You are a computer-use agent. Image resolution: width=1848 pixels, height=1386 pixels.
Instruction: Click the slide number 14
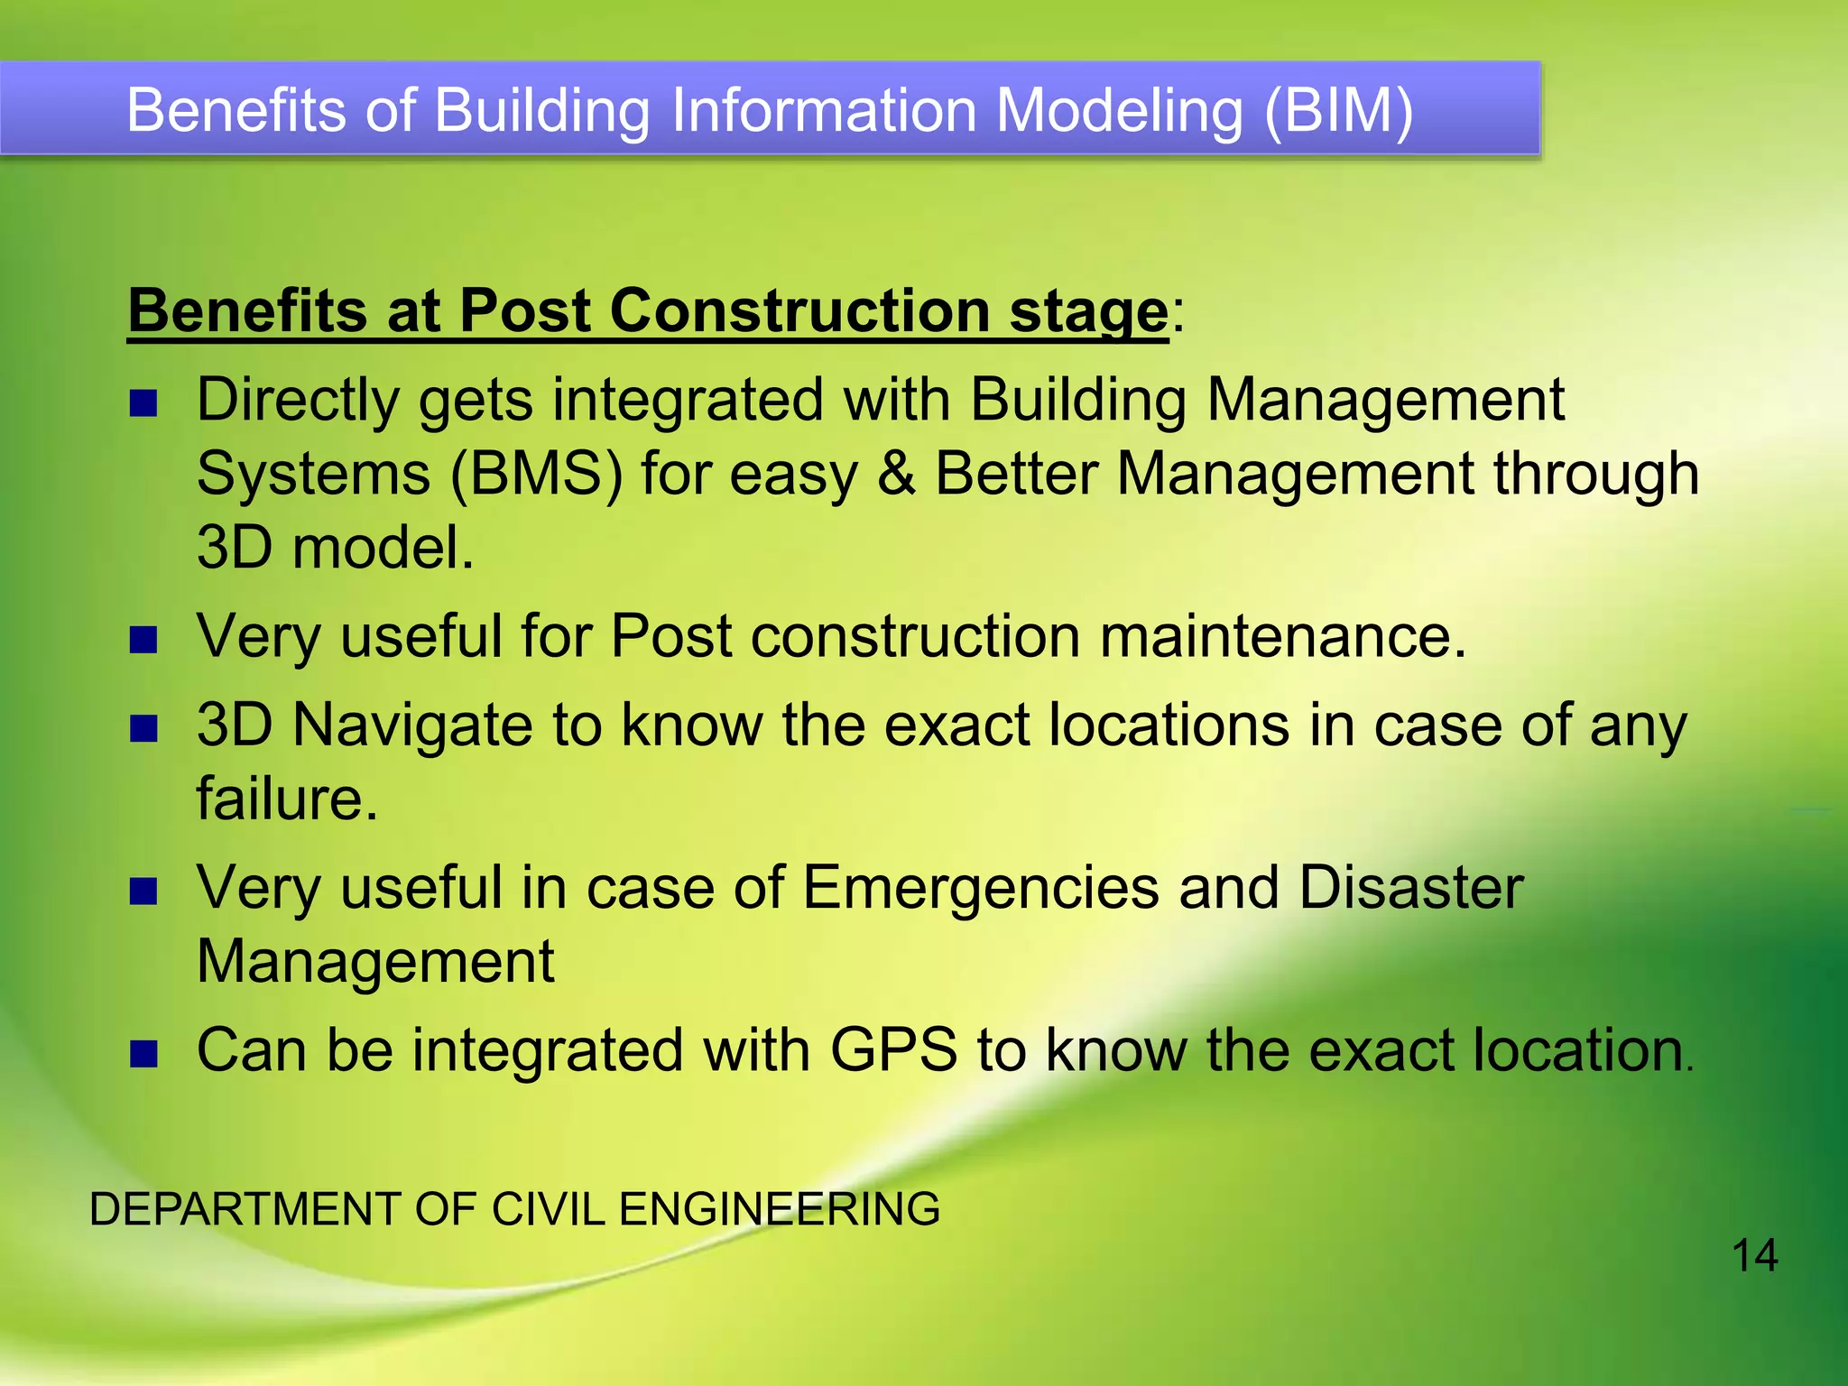tap(1754, 1256)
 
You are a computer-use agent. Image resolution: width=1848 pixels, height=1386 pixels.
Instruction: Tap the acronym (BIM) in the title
tap(1338, 111)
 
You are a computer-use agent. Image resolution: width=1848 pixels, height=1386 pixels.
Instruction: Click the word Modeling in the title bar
tap(1119, 111)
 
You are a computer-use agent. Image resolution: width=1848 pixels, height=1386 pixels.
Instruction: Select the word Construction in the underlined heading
tap(800, 310)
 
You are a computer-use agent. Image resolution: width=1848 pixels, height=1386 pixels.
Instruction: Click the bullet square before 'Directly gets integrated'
tap(143, 403)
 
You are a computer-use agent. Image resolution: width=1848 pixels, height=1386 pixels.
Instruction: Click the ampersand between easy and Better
tap(896, 474)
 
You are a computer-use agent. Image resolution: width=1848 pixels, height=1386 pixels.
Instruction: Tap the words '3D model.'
tap(335, 548)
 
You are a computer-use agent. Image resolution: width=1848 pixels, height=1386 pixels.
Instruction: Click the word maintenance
tap(1282, 636)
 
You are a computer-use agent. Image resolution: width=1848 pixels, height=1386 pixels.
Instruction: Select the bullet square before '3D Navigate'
tap(143, 728)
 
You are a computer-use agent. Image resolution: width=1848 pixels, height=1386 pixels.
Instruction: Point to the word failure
tap(286, 799)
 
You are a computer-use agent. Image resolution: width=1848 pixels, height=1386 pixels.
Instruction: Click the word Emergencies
tap(980, 888)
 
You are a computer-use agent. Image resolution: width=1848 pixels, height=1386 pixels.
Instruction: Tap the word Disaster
tap(1410, 888)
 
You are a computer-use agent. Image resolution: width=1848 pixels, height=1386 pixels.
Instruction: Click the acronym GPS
tap(892, 1051)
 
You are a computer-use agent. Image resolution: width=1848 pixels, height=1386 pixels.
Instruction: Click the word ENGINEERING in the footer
tap(779, 1209)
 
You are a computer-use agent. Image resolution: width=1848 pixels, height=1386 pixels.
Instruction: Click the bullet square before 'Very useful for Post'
tap(143, 641)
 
